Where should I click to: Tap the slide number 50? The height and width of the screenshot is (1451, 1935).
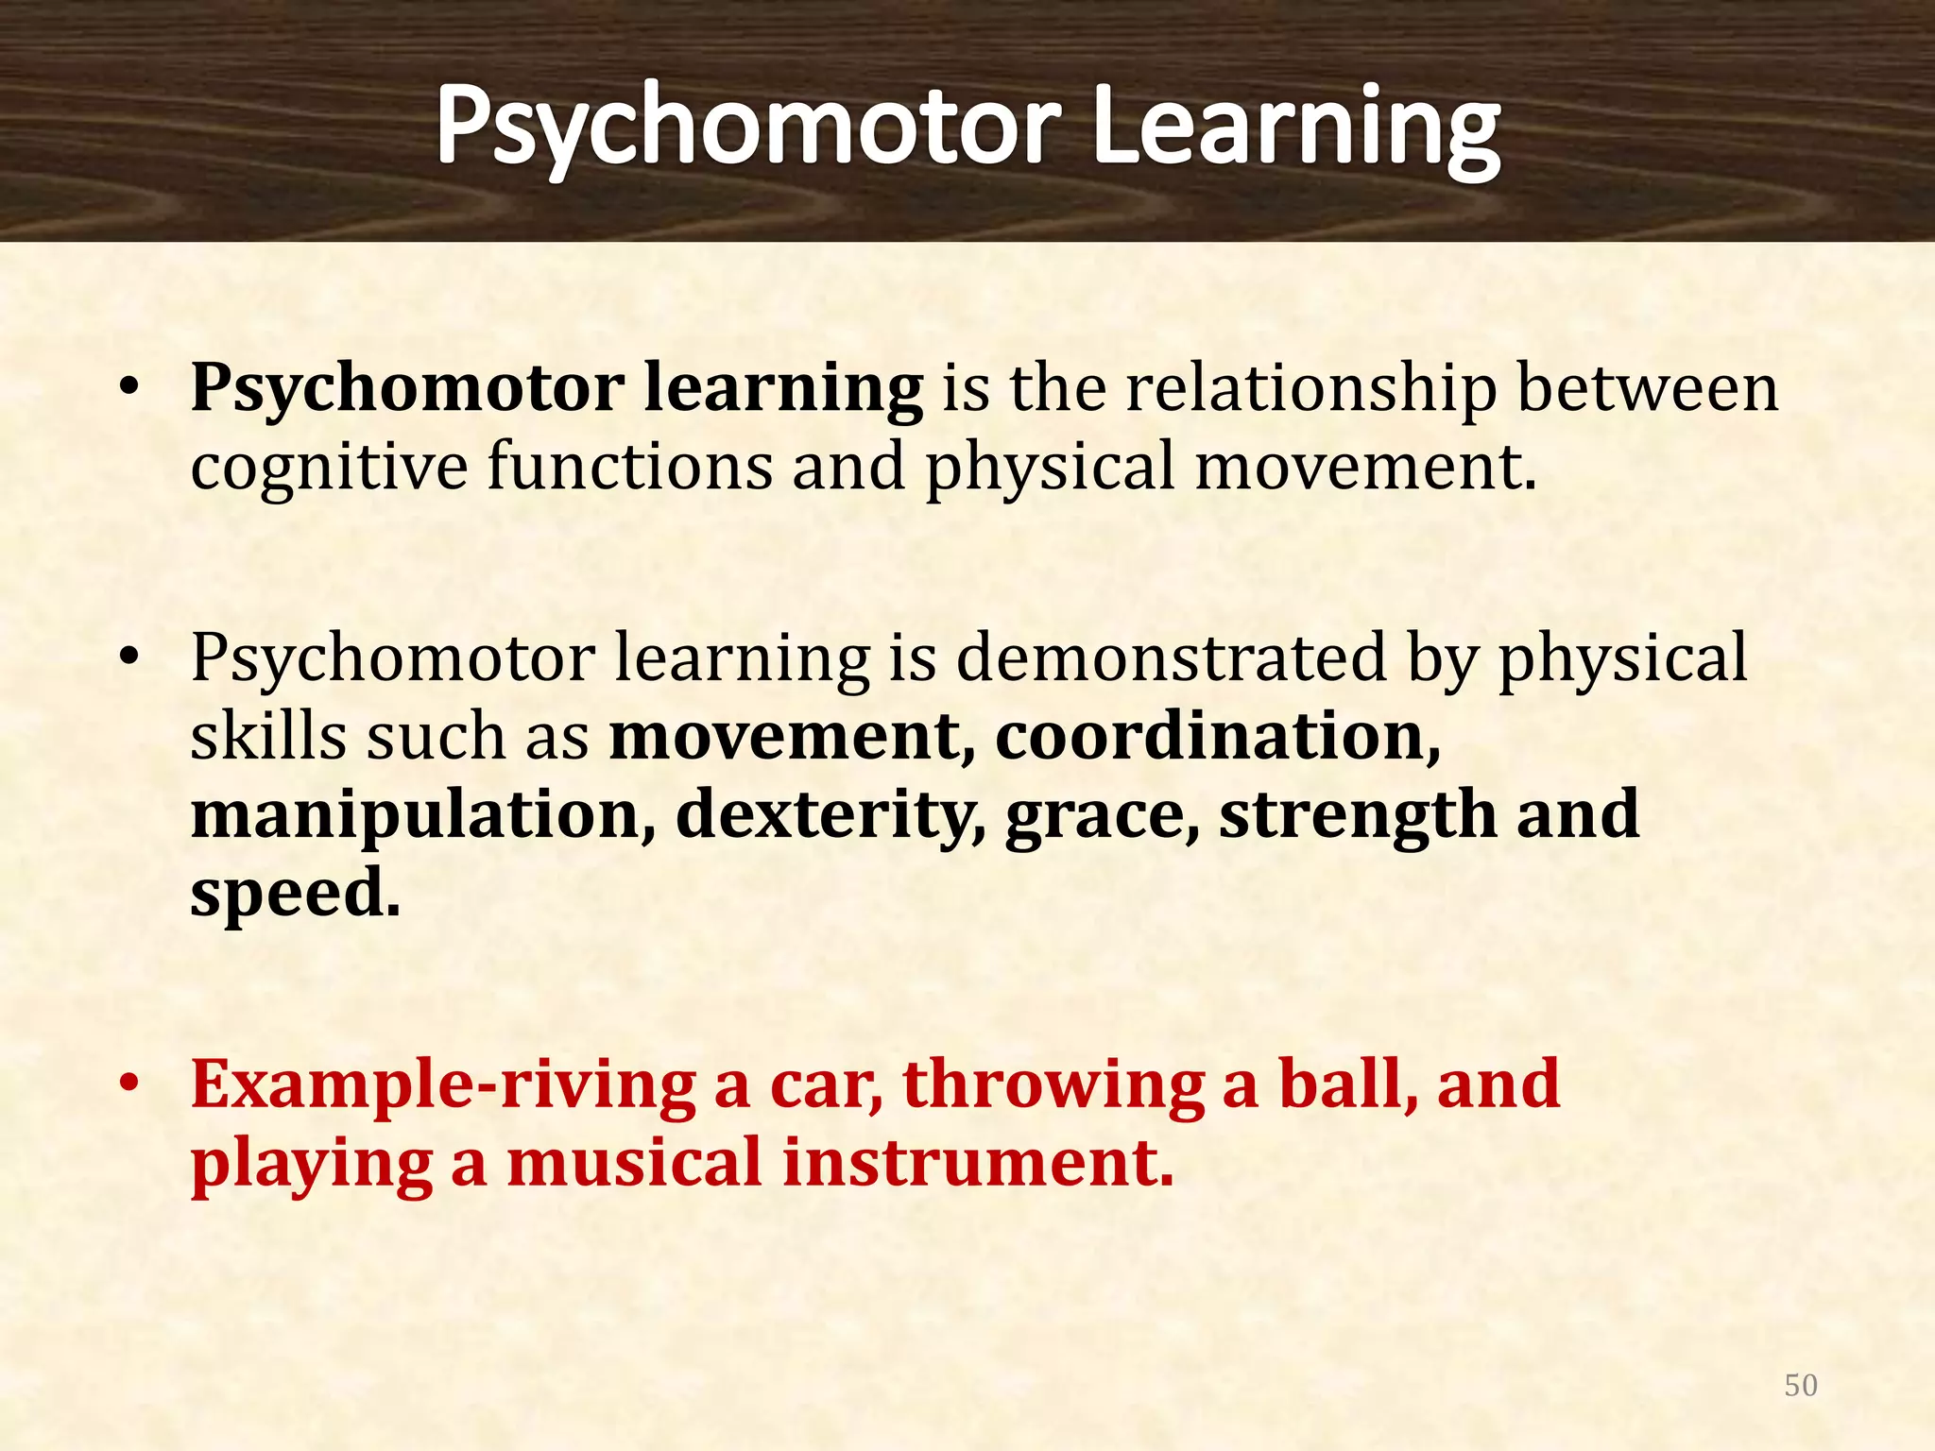point(1801,1385)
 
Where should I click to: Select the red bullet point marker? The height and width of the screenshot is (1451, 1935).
point(129,1084)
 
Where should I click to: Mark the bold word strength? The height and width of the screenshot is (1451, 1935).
point(1357,815)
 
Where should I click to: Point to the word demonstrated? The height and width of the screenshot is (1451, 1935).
point(1171,657)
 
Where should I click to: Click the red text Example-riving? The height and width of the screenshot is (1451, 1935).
point(443,1086)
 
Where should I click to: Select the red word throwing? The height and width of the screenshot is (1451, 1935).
point(1053,1086)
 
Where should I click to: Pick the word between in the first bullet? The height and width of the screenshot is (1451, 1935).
point(1648,389)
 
